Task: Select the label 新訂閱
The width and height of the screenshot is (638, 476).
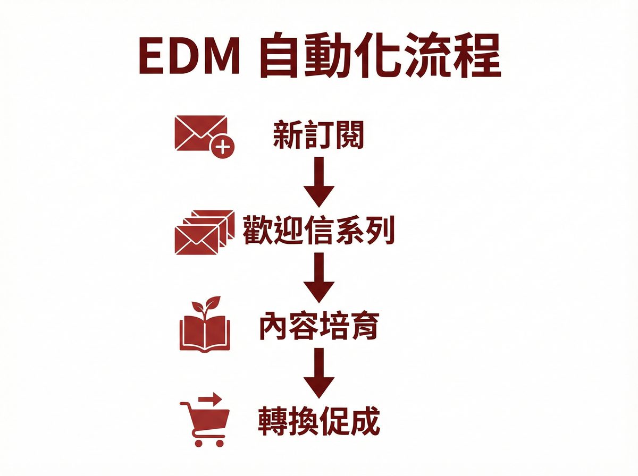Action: (318, 137)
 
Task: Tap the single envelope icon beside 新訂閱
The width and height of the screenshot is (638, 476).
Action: (198, 133)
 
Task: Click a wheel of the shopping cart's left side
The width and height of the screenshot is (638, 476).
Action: (198, 442)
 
